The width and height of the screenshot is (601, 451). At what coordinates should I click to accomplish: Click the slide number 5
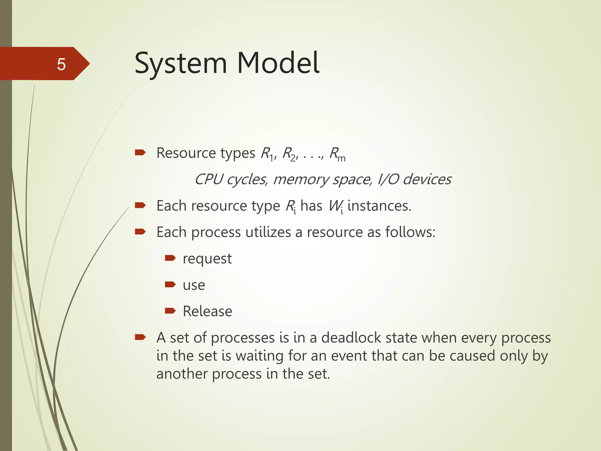pyautogui.click(x=61, y=64)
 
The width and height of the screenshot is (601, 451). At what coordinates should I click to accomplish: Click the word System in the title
pyautogui.click(x=181, y=63)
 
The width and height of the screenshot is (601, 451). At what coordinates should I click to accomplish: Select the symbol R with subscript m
pyautogui.click(x=337, y=154)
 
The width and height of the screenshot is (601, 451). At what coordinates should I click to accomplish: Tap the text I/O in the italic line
pyautogui.click(x=388, y=179)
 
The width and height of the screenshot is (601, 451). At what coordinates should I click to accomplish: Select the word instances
pyautogui.click(x=379, y=206)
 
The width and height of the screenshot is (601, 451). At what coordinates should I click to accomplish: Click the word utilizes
pyautogui.click(x=268, y=232)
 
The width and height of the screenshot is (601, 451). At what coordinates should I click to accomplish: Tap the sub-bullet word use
pyautogui.click(x=194, y=285)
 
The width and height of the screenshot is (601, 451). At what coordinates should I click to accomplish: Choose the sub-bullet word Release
pyautogui.click(x=207, y=311)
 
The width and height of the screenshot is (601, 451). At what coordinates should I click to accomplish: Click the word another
pyautogui.click(x=182, y=374)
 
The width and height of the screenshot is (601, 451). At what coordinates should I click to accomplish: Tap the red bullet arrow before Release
pyautogui.click(x=170, y=311)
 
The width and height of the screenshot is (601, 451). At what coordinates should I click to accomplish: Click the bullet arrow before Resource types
pyautogui.click(x=140, y=152)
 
